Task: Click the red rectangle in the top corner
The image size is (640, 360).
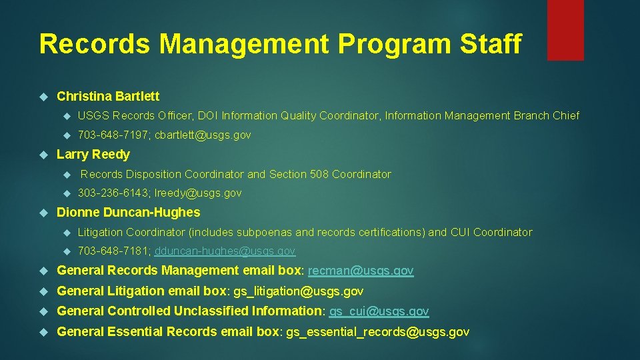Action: point(565,29)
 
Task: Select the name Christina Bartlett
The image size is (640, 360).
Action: point(108,96)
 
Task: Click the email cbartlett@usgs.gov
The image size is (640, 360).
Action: point(203,135)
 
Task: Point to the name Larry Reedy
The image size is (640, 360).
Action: point(93,155)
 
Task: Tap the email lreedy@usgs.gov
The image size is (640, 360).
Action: point(198,193)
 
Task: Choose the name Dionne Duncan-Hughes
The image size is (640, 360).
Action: point(129,213)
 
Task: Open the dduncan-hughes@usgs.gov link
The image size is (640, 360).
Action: point(225,251)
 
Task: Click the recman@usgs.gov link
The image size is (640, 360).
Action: point(361,271)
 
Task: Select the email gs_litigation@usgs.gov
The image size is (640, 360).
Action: point(297,291)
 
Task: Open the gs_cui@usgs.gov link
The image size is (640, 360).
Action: point(379,311)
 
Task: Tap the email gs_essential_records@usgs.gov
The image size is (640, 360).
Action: point(377,331)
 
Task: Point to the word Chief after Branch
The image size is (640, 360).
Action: point(566,116)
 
